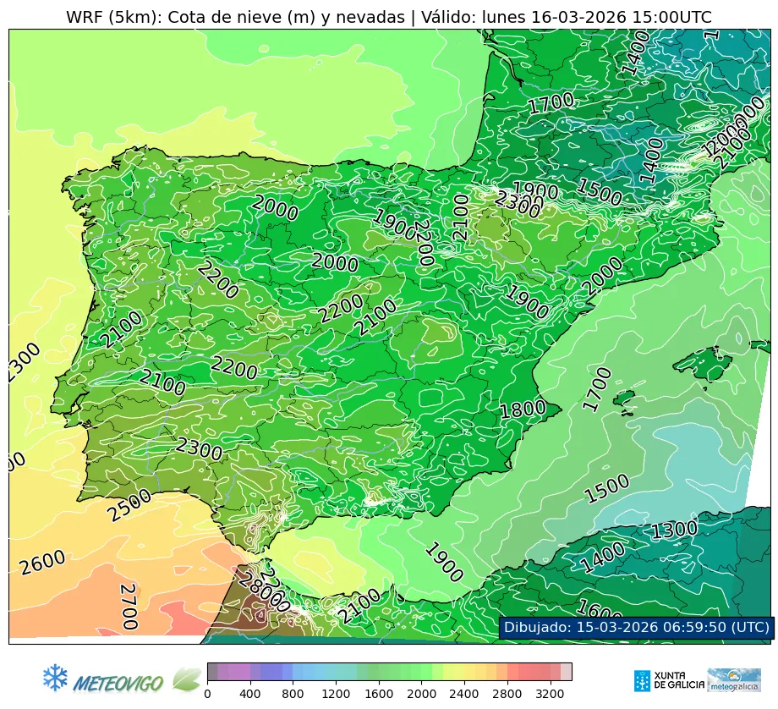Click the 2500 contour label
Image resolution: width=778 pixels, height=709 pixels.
129,505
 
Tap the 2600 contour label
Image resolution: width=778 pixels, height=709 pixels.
43,563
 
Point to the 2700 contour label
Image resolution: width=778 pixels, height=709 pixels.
128,606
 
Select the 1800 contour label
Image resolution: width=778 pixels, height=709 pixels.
523,410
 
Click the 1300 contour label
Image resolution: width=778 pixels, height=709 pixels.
674,530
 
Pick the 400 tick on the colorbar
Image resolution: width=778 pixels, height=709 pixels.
250,694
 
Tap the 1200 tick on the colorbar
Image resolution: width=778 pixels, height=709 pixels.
336,694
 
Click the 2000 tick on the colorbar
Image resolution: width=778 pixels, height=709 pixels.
421,694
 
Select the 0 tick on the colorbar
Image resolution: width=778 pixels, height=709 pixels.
207,694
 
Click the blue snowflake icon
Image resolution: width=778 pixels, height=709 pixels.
55,677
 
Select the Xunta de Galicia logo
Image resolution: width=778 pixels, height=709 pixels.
665,680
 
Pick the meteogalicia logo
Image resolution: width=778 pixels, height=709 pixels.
733,680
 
